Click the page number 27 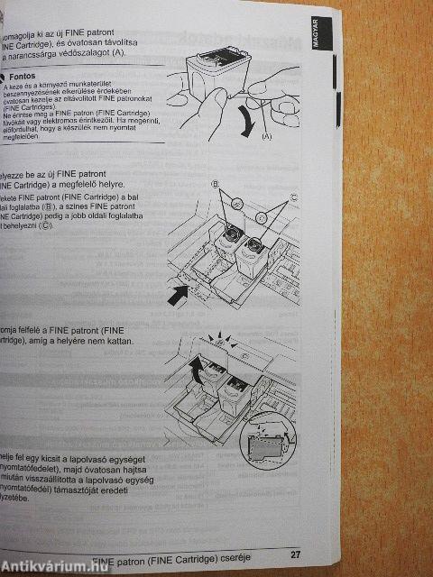[x=295, y=554]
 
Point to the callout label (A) [x=266, y=136]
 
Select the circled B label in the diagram [x=215, y=187]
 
